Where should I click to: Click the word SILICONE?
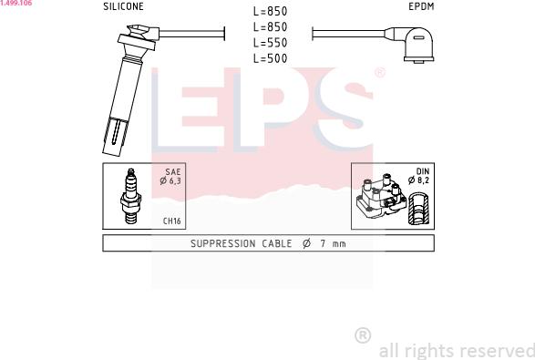tap(123, 6)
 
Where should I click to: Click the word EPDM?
tap(421, 6)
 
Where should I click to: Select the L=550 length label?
tap(270, 43)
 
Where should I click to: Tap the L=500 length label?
tap(270, 58)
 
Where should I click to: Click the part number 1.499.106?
tap(16, 3)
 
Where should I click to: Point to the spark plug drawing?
tap(130, 196)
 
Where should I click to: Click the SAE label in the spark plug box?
tap(173, 171)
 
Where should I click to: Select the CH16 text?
tap(172, 221)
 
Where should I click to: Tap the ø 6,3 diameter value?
tap(170, 180)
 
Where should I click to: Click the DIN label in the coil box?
tap(423, 171)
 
